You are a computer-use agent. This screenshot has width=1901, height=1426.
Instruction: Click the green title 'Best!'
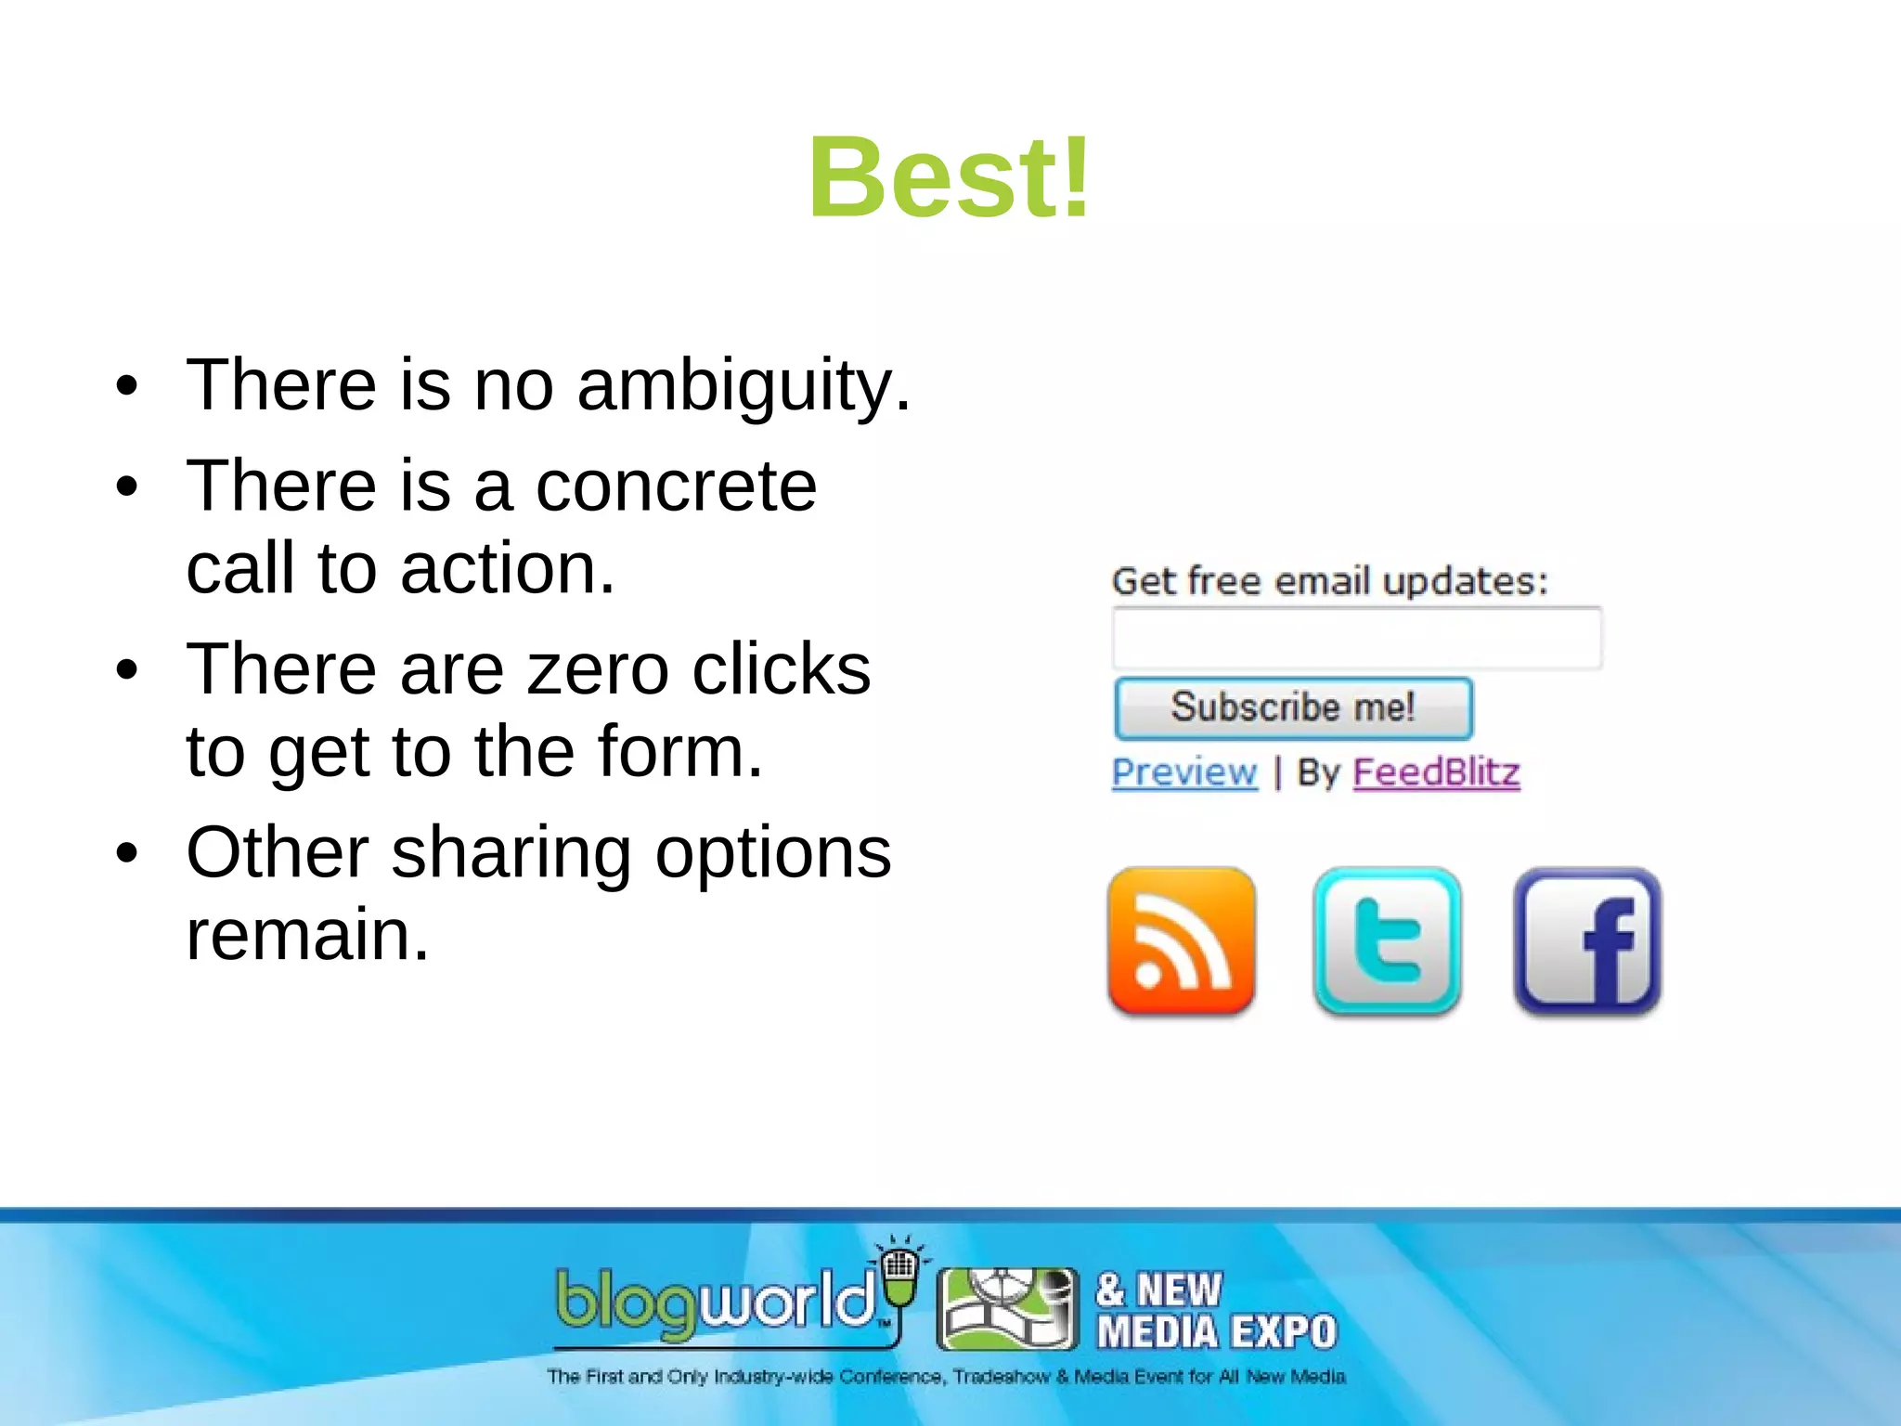949,178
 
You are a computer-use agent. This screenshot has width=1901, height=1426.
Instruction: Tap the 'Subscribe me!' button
1293,708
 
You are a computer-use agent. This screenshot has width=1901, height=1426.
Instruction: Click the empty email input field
1356,639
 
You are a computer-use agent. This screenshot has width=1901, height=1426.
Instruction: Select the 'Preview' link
1184,772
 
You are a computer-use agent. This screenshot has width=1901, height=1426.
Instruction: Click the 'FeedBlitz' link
1436,772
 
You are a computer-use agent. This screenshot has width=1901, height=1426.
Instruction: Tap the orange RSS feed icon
1181,941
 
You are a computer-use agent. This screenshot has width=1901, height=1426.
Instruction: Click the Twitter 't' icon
1387,941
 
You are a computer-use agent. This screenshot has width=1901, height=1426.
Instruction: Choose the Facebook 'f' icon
1587,941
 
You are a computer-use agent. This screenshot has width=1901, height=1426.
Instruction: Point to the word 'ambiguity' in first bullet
731,386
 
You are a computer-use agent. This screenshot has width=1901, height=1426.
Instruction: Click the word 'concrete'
676,486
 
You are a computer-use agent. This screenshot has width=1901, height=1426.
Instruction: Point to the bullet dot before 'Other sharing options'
127,852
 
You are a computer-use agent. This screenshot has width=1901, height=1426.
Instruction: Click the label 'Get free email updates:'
1329,581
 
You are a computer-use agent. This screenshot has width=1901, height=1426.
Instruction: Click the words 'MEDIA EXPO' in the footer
1216,1332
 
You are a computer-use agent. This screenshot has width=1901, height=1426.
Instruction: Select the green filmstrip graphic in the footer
1007,1308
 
